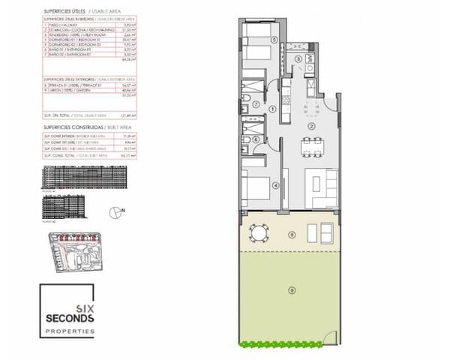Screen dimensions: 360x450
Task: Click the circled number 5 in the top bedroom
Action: [274, 39]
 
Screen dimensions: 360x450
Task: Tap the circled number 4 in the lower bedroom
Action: [275, 185]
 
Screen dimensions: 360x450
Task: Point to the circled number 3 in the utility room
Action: [298, 59]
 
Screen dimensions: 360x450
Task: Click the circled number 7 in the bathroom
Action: [256, 104]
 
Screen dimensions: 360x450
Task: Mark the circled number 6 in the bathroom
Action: [256, 138]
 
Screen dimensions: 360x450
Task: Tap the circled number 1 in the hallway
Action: [272, 109]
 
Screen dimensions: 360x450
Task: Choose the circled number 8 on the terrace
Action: [291, 235]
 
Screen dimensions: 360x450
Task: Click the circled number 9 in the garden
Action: [291, 289]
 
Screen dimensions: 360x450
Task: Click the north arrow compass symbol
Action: [112, 213]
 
